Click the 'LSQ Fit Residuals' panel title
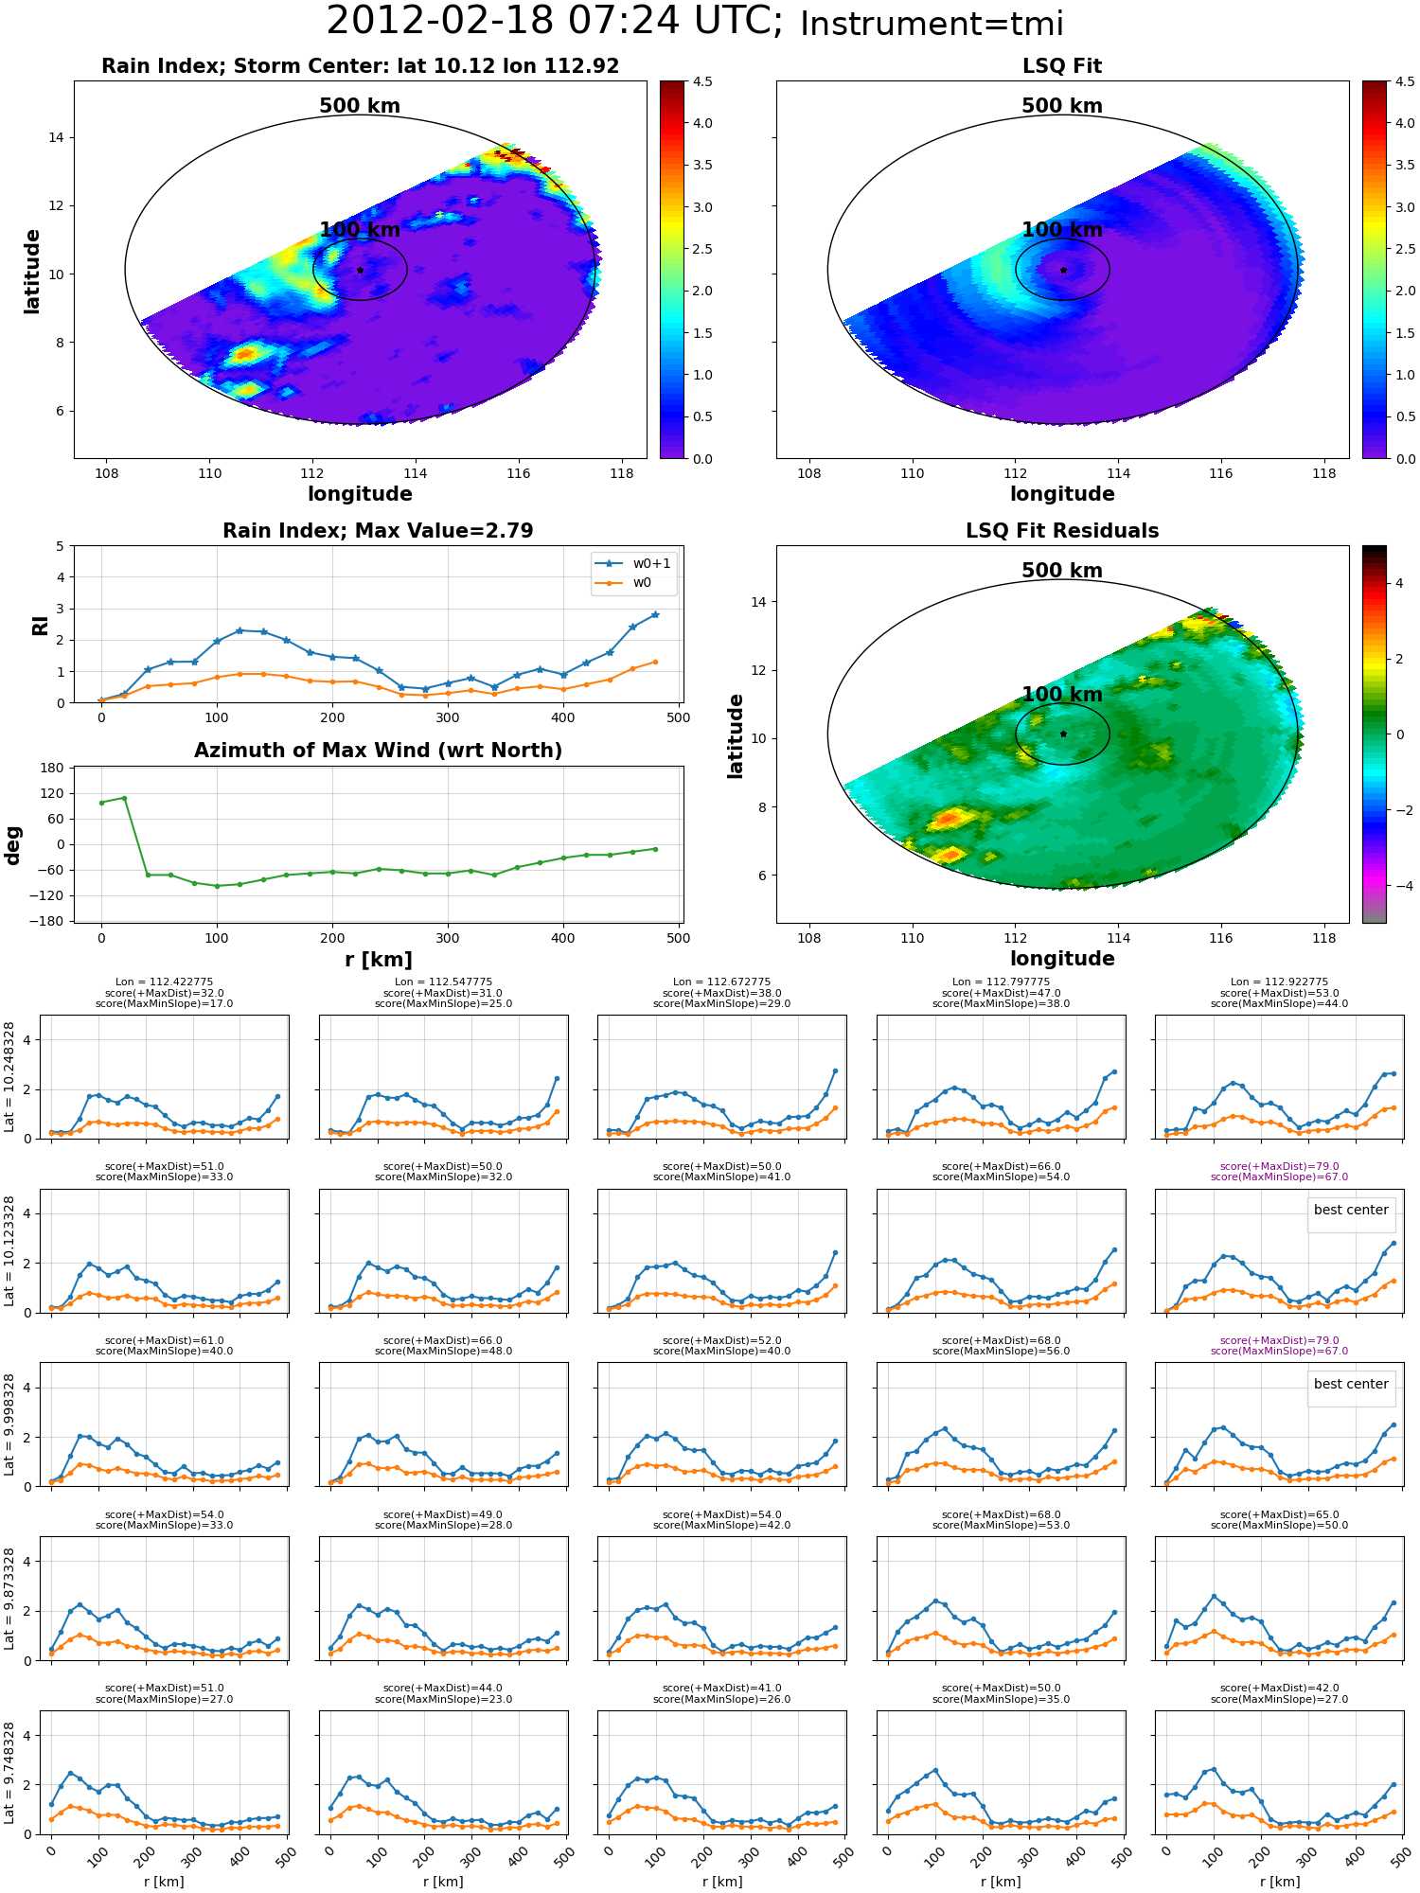pyautogui.click(x=1062, y=531)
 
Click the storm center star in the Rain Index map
pyautogui.click(x=360, y=270)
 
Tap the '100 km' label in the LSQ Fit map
pyautogui.click(x=1062, y=230)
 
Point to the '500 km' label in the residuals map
pyautogui.click(x=1062, y=571)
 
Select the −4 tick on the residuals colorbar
pyautogui.click(x=1399, y=886)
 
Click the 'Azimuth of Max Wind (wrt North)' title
pyautogui.click(x=378, y=751)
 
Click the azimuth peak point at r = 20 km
pyautogui.click(x=124, y=798)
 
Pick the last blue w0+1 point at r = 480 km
pyautogui.click(x=655, y=614)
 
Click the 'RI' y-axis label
pyautogui.click(x=40, y=625)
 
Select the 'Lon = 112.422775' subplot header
pyautogui.click(x=164, y=982)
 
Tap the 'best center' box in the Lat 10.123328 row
pyautogui.click(x=1351, y=1210)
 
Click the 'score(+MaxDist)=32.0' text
pyautogui.click(x=164, y=993)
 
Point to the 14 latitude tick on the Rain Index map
pyautogui.click(x=57, y=137)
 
